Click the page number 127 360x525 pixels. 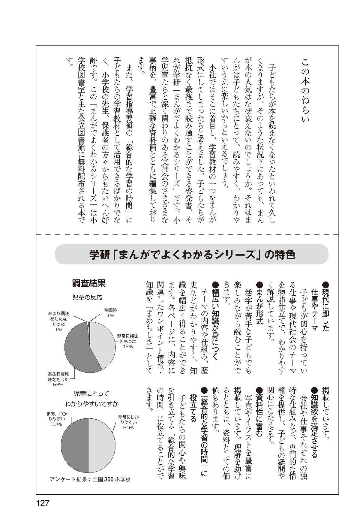(x=42, y=503)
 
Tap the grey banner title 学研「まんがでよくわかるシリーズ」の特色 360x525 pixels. (x=192, y=255)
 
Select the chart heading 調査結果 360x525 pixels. (x=89, y=283)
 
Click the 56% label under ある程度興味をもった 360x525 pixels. (x=58, y=385)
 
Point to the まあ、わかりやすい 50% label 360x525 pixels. (x=57, y=419)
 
